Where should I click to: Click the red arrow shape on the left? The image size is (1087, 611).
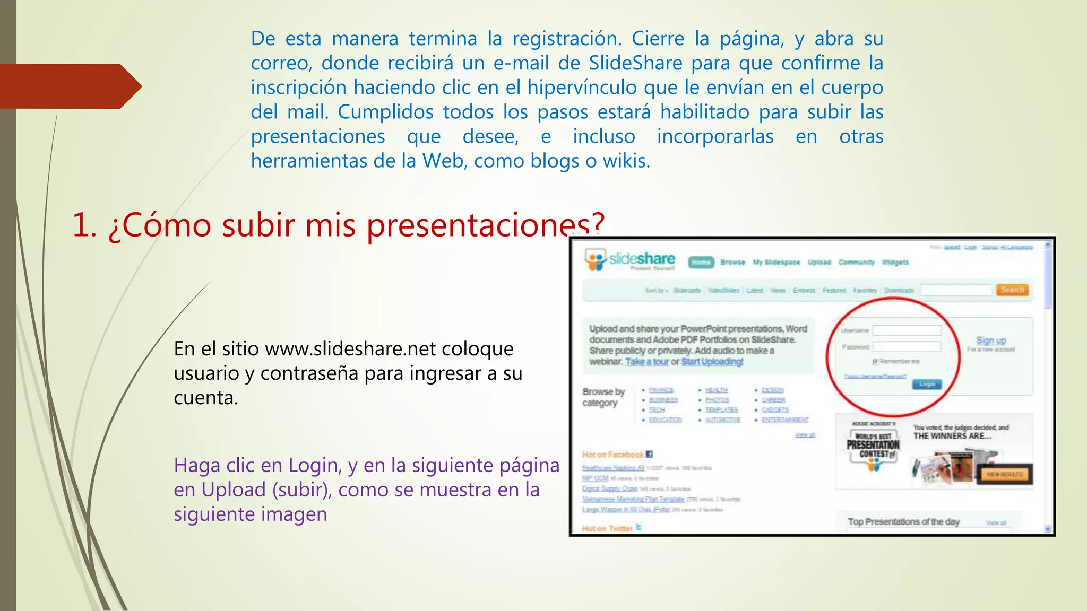point(69,86)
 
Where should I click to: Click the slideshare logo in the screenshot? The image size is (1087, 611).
point(629,260)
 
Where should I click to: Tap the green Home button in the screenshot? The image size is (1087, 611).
point(701,262)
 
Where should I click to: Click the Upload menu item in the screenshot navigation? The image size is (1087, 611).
point(819,262)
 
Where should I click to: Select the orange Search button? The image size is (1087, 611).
point(1012,290)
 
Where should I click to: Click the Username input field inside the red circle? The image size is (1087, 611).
point(907,330)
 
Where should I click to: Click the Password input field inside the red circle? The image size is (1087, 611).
point(907,346)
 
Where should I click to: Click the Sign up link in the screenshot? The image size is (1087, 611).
point(990,340)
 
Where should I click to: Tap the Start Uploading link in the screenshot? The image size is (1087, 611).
point(712,362)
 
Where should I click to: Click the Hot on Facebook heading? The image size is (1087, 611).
point(613,455)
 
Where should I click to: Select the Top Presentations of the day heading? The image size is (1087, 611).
point(903,521)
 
